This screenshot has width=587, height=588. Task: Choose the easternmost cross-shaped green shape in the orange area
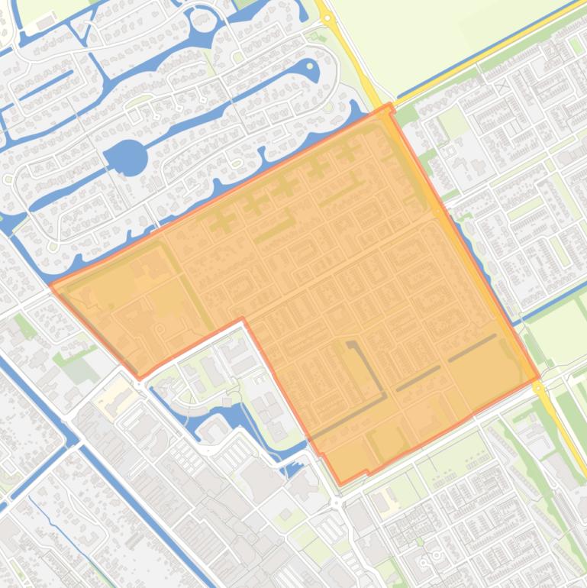tap(348, 150)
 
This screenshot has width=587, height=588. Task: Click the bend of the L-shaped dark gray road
tap(385, 396)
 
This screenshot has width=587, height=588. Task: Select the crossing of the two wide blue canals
tap(76, 442)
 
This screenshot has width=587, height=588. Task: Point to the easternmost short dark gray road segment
tap(472, 347)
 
